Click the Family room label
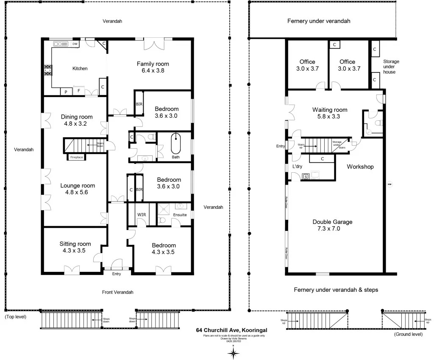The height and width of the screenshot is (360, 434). tap(153, 64)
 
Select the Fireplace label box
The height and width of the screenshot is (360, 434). tap(76, 157)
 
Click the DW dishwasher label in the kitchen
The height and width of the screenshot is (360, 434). tap(75, 44)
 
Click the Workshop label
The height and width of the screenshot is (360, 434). tap(360, 167)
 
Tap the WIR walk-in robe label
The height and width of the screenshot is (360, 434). tap(141, 215)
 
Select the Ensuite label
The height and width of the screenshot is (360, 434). tap(179, 215)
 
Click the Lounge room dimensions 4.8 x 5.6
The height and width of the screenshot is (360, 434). tap(77, 192)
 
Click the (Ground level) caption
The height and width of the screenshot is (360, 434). tap(408, 334)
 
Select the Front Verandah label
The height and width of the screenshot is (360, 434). tap(117, 292)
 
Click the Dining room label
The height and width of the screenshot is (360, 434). tap(77, 117)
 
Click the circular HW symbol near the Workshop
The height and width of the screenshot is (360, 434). tap(389, 184)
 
